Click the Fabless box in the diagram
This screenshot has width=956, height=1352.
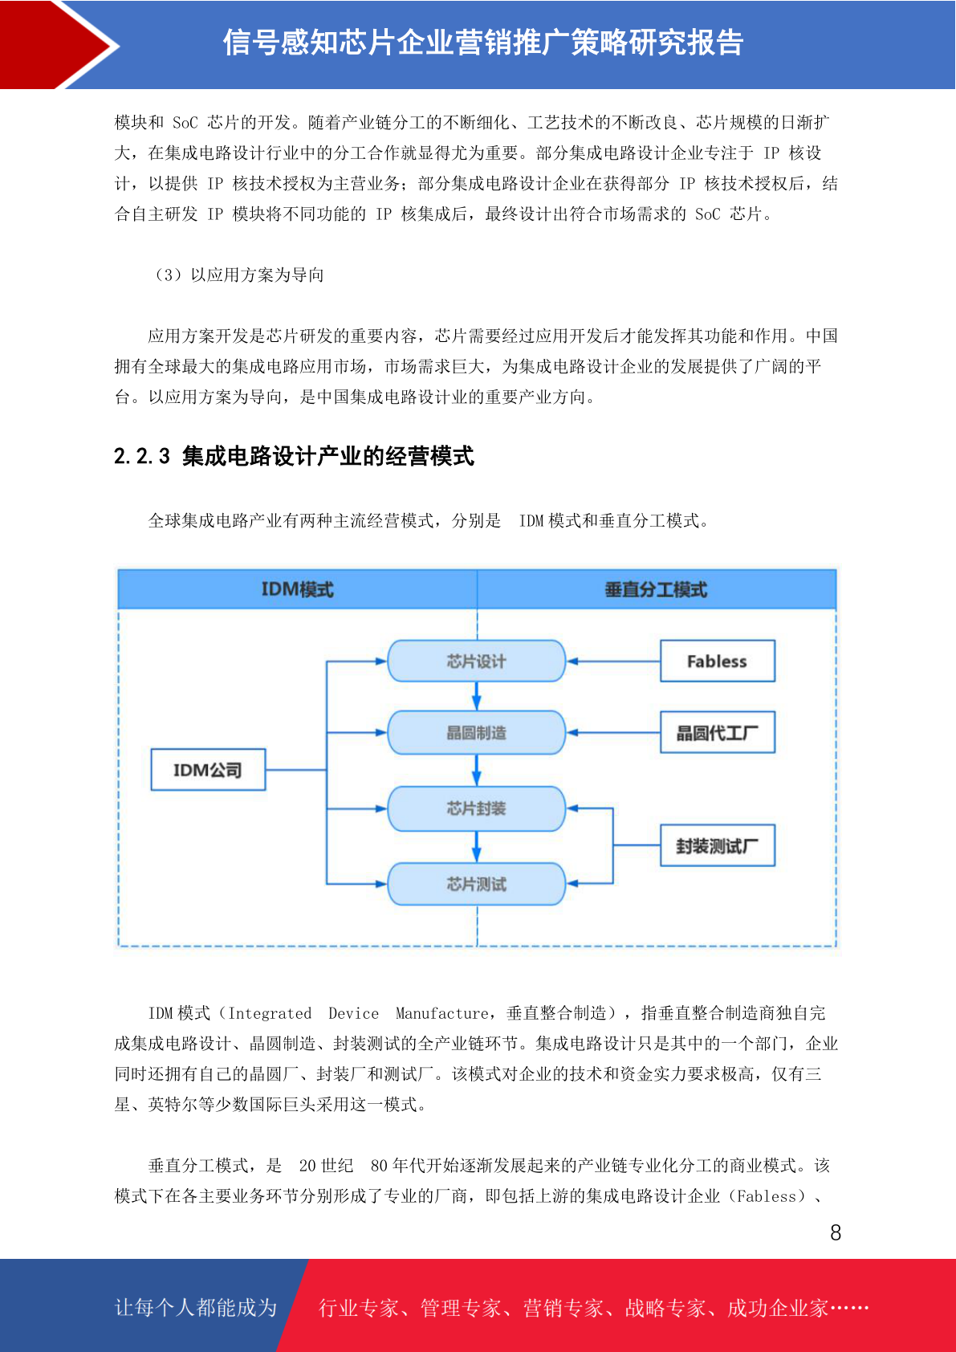click(717, 661)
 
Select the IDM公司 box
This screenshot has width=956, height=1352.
click(208, 770)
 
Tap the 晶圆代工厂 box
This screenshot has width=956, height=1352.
click(717, 732)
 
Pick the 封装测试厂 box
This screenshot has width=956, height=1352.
click(717, 845)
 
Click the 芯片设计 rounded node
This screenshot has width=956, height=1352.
click(476, 661)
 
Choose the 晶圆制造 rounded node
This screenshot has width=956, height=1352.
click(476, 732)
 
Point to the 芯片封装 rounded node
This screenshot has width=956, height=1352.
click(476, 808)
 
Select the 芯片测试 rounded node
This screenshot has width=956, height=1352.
click(476, 884)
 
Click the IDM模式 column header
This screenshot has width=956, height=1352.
click(297, 589)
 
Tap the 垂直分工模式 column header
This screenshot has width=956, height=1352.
click(656, 589)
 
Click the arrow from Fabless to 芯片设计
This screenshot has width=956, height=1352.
click(613, 662)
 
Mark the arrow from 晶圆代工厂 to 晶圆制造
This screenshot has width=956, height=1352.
click(613, 733)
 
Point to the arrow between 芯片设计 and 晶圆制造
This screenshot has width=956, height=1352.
click(477, 695)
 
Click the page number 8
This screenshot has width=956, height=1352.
click(836, 1233)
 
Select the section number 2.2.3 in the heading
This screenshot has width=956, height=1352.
click(142, 457)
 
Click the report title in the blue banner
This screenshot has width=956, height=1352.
click(483, 43)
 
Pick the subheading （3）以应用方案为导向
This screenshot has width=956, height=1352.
click(238, 275)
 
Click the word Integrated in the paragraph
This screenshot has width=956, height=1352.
click(270, 1013)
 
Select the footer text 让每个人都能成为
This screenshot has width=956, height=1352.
click(196, 1307)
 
